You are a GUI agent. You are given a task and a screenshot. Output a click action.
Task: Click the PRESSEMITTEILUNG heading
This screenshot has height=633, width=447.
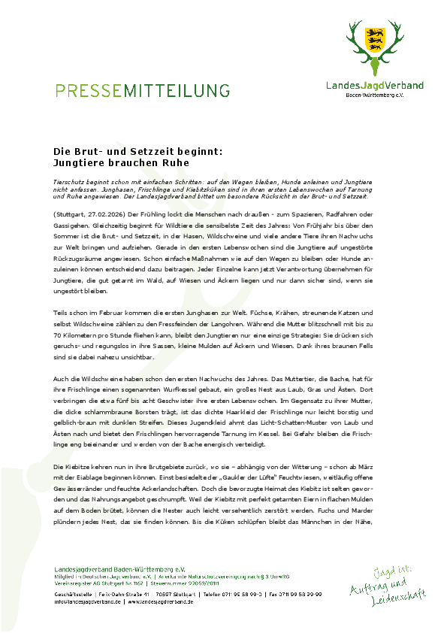coord(142,91)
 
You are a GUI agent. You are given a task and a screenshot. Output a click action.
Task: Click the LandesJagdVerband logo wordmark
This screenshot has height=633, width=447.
coord(374,86)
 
